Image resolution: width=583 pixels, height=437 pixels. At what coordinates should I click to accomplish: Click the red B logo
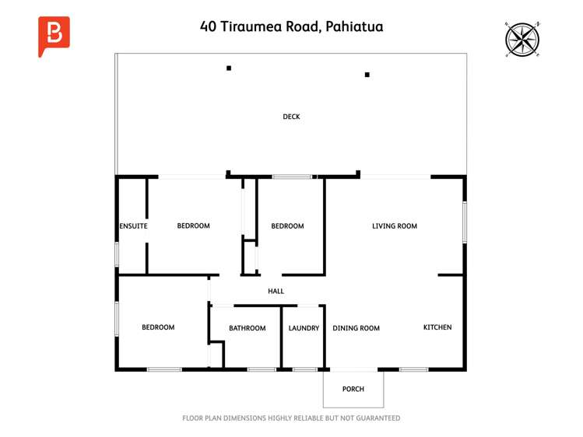click(x=54, y=36)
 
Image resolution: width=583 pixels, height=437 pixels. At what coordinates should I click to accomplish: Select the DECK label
click(x=291, y=117)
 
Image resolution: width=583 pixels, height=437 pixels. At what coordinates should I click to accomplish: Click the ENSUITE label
click(x=133, y=226)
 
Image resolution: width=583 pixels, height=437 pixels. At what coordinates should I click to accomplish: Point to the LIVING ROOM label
click(x=395, y=226)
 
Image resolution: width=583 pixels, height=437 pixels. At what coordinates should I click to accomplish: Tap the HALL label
click(x=276, y=292)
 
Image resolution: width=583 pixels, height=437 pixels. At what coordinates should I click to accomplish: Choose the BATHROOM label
click(x=247, y=328)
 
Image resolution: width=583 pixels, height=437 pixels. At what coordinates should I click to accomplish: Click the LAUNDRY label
click(x=304, y=328)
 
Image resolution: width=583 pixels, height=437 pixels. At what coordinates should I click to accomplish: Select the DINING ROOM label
click(x=356, y=328)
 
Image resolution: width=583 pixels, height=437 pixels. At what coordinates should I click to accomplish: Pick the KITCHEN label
click(x=437, y=327)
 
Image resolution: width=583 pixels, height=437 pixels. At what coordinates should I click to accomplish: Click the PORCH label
click(x=353, y=389)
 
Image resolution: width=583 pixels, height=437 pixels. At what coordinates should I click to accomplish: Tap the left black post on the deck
click(x=229, y=68)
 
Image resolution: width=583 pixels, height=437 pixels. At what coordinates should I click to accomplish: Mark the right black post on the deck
click(x=367, y=75)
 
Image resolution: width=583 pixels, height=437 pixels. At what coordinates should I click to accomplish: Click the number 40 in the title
click(x=208, y=26)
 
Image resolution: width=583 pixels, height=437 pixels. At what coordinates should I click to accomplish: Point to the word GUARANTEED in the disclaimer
click(x=377, y=418)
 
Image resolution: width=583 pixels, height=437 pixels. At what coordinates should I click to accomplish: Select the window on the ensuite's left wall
click(x=117, y=253)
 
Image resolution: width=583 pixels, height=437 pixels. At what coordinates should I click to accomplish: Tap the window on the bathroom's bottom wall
click(x=262, y=369)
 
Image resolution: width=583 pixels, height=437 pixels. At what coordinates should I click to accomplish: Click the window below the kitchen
click(x=413, y=369)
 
